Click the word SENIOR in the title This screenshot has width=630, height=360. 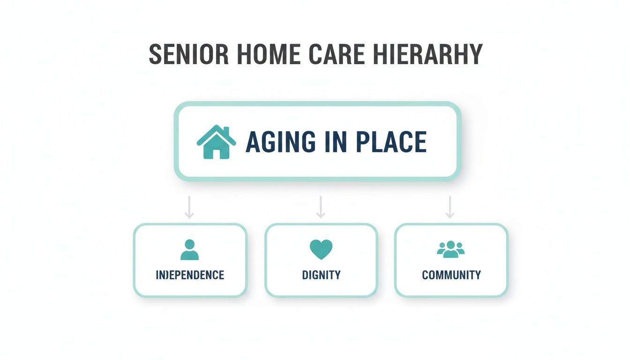[x=189, y=55]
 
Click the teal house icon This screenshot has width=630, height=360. [x=216, y=142]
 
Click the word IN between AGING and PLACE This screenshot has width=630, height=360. [x=334, y=142]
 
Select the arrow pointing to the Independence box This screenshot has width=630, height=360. [x=189, y=207]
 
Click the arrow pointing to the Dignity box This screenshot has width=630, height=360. [x=321, y=207]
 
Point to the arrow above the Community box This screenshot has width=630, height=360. [x=450, y=207]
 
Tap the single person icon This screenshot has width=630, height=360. [x=189, y=250]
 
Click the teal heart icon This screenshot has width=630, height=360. [x=321, y=249]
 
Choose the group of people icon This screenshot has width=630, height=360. [x=450, y=249]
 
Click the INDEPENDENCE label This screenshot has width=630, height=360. [x=190, y=275]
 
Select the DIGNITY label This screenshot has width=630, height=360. [x=321, y=275]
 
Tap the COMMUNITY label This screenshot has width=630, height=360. [x=451, y=275]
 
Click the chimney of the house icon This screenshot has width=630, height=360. [x=225, y=130]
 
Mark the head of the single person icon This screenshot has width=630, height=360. [x=189, y=244]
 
